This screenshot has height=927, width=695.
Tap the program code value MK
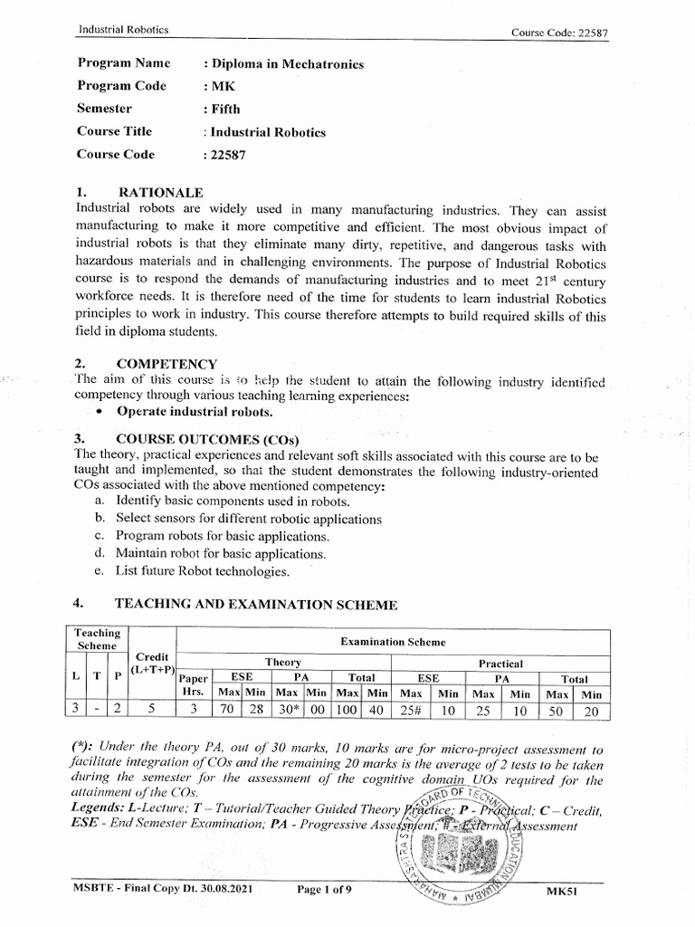[x=222, y=86]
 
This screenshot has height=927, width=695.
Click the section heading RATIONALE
[x=160, y=193]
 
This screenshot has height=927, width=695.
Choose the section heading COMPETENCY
[x=167, y=364]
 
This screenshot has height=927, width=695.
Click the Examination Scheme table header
[x=393, y=642]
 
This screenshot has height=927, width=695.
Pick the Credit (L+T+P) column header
[x=152, y=663]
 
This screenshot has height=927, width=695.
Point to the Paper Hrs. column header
[x=194, y=684]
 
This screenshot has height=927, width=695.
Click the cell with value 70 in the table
[x=226, y=710]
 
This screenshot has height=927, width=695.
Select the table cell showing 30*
[x=286, y=710]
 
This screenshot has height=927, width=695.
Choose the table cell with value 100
[x=347, y=710]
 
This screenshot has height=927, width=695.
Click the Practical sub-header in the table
[x=500, y=664]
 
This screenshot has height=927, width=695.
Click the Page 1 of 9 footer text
[x=328, y=890]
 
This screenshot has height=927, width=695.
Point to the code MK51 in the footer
[x=562, y=891]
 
